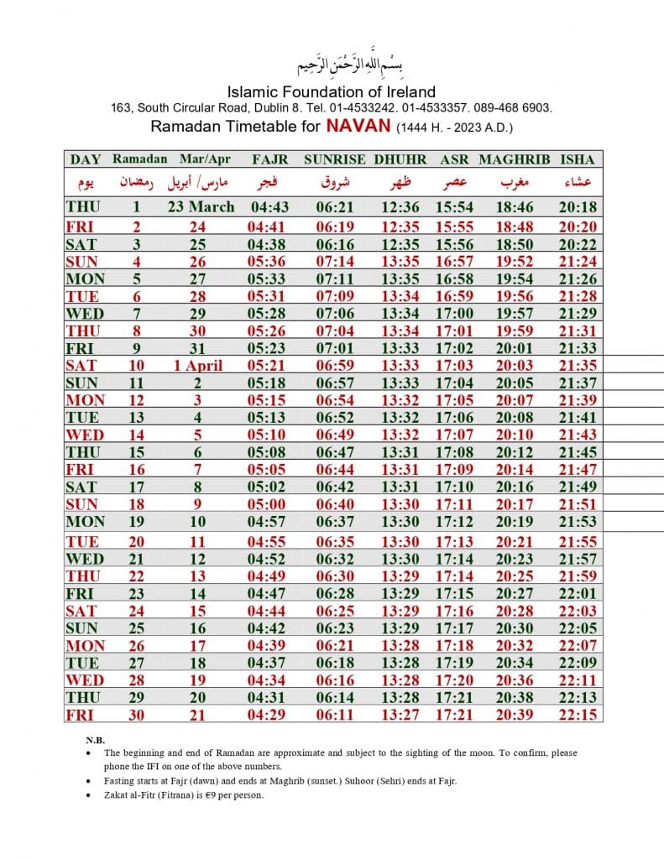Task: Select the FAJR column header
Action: tap(269, 159)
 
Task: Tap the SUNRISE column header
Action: tap(334, 159)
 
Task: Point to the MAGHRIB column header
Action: tap(514, 159)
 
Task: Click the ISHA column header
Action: tap(577, 159)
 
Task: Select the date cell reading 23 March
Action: tap(201, 207)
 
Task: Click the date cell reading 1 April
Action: tap(198, 365)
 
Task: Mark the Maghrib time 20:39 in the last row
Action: tap(513, 714)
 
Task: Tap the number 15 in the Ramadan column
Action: tap(135, 452)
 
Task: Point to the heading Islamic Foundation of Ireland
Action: tap(332, 91)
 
